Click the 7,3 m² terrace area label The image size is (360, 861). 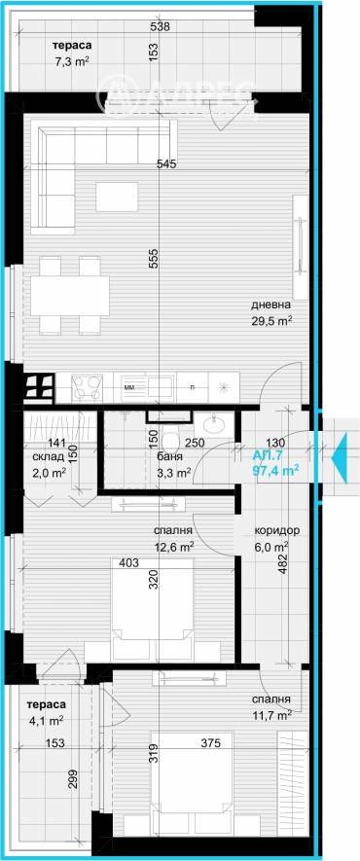45,61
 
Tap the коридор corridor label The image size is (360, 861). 276,530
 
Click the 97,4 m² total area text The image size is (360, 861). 275,469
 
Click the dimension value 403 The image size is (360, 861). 130,562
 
